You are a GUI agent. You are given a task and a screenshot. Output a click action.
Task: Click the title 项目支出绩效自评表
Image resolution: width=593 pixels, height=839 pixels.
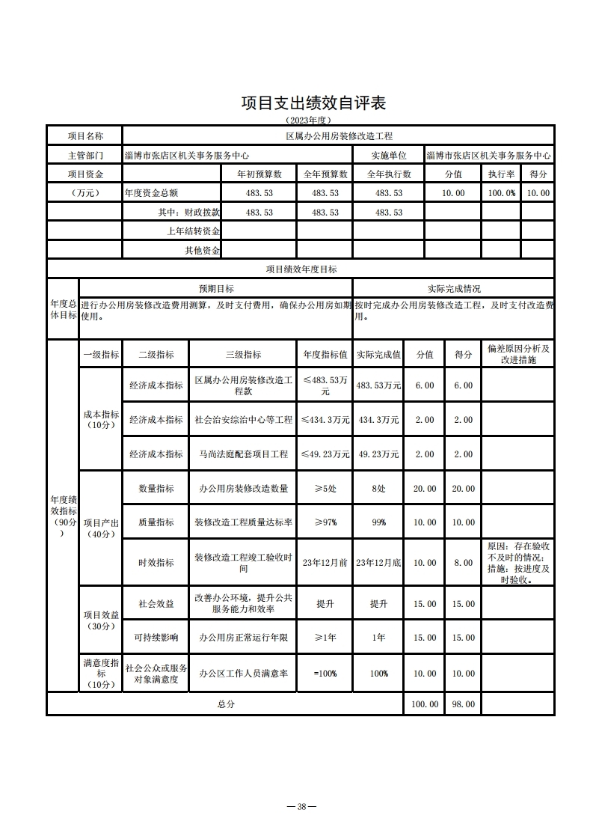point(313,103)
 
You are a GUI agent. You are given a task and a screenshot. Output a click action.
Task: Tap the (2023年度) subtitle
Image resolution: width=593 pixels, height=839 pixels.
point(307,120)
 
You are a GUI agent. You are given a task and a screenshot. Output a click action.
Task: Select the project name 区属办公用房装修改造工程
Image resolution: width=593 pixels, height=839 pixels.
point(339,136)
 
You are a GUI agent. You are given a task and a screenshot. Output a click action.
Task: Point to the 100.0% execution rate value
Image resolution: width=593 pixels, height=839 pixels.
point(502,193)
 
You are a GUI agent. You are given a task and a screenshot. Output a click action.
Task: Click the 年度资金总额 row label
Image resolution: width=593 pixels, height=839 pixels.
point(152,193)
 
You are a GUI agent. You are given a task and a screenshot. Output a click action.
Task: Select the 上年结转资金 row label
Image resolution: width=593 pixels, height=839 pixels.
point(193,231)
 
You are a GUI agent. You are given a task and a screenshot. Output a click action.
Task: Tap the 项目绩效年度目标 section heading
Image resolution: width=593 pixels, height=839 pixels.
point(301,269)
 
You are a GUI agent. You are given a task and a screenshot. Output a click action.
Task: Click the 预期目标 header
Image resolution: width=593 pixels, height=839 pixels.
point(215,288)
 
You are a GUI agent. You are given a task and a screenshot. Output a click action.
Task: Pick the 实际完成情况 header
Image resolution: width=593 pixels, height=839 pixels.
point(454,288)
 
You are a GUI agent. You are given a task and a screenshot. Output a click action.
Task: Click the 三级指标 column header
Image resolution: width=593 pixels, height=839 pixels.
point(243,355)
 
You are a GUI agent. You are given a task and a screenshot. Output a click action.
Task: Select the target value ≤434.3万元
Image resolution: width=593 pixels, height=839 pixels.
point(325,420)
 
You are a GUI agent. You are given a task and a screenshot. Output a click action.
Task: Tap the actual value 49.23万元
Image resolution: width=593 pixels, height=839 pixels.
point(378,454)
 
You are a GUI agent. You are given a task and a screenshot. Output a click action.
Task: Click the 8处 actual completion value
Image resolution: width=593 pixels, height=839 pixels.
point(378,489)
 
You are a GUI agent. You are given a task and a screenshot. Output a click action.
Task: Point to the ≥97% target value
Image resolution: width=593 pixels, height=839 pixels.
point(325,523)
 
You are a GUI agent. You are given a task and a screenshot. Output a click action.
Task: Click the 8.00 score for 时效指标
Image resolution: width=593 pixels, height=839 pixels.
point(463,563)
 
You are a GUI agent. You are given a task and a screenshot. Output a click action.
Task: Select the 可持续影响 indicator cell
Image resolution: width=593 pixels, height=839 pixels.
point(156,638)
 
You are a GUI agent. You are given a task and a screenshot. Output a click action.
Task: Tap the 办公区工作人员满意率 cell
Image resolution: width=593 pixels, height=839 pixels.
point(243,674)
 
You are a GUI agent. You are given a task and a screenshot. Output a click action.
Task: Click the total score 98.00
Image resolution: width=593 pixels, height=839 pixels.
point(463,704)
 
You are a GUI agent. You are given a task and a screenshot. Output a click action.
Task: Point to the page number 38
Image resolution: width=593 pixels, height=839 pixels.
point(301,806)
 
